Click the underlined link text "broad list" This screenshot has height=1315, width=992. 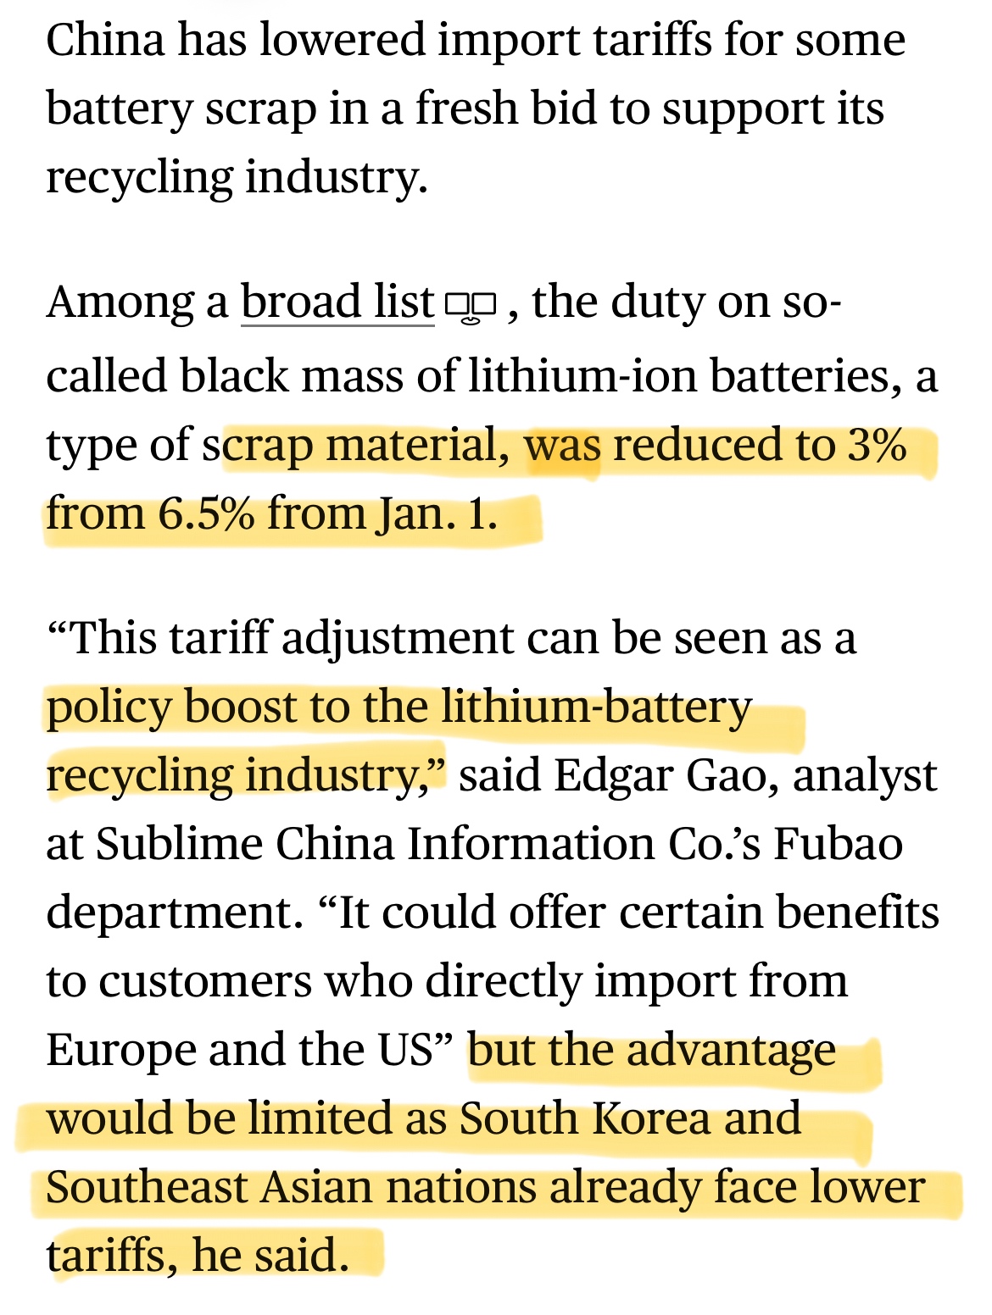tap(337, 302)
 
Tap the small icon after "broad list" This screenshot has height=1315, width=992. tap(471, 306)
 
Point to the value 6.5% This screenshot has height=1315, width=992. tap(206, 514)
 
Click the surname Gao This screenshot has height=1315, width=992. tap(732, 775)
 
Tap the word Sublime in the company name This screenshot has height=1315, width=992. tap(179, 844)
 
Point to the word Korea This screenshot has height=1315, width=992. tap(650, 1118)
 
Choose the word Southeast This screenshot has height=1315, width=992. tap(146, 1187)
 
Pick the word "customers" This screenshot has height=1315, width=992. tap(205, 981)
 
